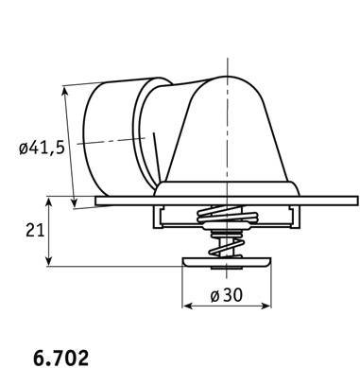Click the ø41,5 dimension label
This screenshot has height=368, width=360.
[42, 148]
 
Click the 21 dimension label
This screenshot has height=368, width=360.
[35, 230]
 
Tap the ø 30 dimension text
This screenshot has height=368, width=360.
[227, 295]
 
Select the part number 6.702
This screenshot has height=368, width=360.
[60, 358]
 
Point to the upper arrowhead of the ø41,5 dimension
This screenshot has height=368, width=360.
[65, 90]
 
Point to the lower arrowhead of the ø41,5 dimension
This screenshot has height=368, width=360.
[74, 202]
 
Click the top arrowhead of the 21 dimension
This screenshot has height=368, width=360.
[48, 202]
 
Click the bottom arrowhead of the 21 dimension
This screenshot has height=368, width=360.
[48, 261]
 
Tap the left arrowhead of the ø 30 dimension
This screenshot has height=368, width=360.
[187, 306]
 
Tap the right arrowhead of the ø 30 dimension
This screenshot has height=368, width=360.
[266, 306]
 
